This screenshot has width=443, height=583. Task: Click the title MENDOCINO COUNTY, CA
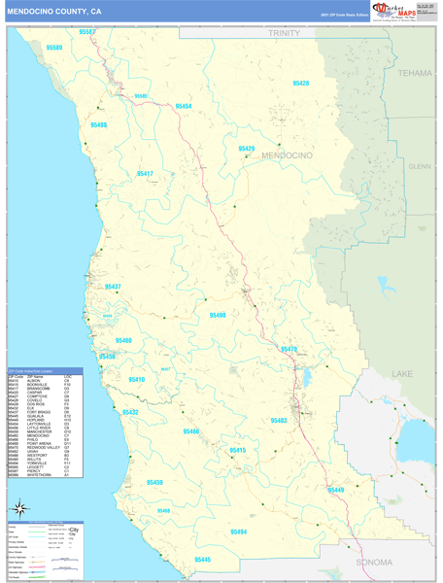tap(53, 11)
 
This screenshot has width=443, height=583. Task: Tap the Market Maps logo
tap(392, 11)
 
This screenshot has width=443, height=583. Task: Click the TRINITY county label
tap(286, 33)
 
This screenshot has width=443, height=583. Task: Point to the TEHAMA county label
tap(414, 73)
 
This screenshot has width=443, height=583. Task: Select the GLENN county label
tap(420, 166)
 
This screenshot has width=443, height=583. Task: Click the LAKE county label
tap(402, 374)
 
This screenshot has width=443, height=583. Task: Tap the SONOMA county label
tap(374, 562)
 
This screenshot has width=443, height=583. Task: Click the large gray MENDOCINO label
tap(286, 155)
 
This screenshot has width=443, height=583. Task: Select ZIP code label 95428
tap(300, 84)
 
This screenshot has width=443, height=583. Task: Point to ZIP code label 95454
tap(184, 107)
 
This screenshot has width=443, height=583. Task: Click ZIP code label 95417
tap(145, 174)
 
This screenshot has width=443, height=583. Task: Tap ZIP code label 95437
tap(113, 287)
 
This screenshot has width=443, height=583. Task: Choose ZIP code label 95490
tap(218, 315)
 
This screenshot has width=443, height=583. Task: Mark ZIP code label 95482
tap(279, 420)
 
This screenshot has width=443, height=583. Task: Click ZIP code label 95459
tap(154, 483)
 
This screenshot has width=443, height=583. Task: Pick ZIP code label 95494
tap(239, 532)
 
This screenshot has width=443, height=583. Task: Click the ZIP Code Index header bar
tap(46, 371)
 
